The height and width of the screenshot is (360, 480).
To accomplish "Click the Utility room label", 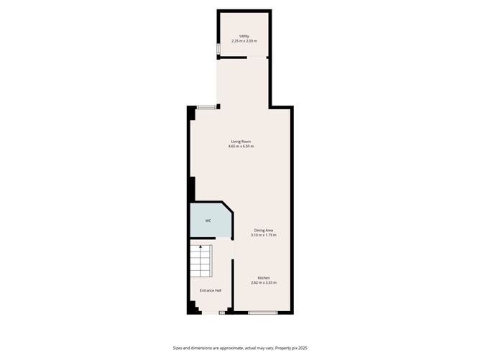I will point(244,35).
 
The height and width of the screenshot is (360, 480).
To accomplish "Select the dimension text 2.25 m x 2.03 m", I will point(244,41).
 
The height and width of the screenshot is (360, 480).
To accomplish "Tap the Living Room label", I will point(241,141).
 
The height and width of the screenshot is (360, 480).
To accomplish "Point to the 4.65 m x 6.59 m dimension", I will point(241,147).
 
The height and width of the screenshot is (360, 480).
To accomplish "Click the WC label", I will point(208,221).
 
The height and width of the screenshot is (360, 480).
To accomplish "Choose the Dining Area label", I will point(264,230).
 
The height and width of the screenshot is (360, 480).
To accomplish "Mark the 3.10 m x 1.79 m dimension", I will point(264,236).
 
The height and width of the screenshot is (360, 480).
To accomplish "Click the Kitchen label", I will point(264,277).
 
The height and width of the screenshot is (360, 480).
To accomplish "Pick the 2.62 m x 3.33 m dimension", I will point(264,283).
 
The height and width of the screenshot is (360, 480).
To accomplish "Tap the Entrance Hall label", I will point(211,290).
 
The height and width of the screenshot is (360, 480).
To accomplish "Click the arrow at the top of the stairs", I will point(200,247).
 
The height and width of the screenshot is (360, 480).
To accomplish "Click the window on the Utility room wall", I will point(218,49).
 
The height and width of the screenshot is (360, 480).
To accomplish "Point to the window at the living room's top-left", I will point(207,108).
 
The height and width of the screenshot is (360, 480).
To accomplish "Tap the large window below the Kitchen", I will point(263,313).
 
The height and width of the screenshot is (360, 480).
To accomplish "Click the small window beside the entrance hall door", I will point(222,313).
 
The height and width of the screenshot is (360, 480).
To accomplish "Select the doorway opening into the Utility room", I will point(244,58).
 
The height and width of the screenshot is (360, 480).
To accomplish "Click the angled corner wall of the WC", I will point(227,209).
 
